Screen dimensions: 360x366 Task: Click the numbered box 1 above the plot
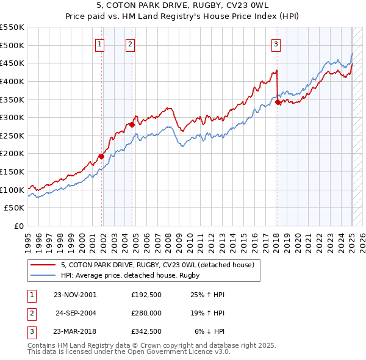[99, 44]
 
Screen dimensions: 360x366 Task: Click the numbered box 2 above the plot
[131, 44]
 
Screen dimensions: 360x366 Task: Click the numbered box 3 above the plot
[276, 44]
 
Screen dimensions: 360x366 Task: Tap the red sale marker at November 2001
[102, 156]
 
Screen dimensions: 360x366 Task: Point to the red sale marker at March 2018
[278, 102]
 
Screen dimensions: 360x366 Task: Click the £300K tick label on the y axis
[12, 117]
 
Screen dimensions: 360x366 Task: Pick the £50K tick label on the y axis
[15, 208]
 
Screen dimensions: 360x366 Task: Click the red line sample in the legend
[43, 265]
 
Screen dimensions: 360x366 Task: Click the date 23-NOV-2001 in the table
[75, 295]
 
